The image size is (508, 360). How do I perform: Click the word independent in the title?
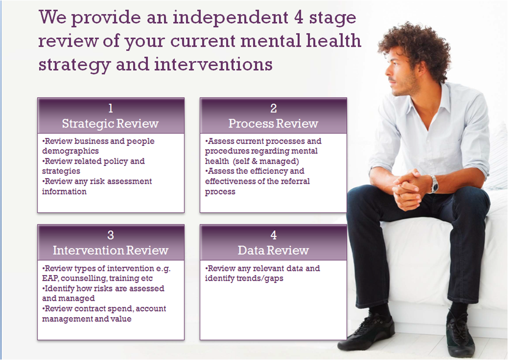coord(231,17)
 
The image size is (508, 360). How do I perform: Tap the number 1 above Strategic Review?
coord(111,108)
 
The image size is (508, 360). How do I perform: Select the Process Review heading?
coord(273,124)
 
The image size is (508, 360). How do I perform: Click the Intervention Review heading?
coord(110,250)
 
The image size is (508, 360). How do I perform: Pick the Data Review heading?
coord(273,250)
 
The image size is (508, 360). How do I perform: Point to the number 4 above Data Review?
coord(274,235)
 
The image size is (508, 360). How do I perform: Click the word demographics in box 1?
coord(70,152)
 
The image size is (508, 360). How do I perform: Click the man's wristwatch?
coord(434,184)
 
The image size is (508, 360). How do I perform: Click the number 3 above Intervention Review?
coord(110,235)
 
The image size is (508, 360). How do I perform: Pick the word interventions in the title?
coord(213,64)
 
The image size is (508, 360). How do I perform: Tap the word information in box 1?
coord(64,192)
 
